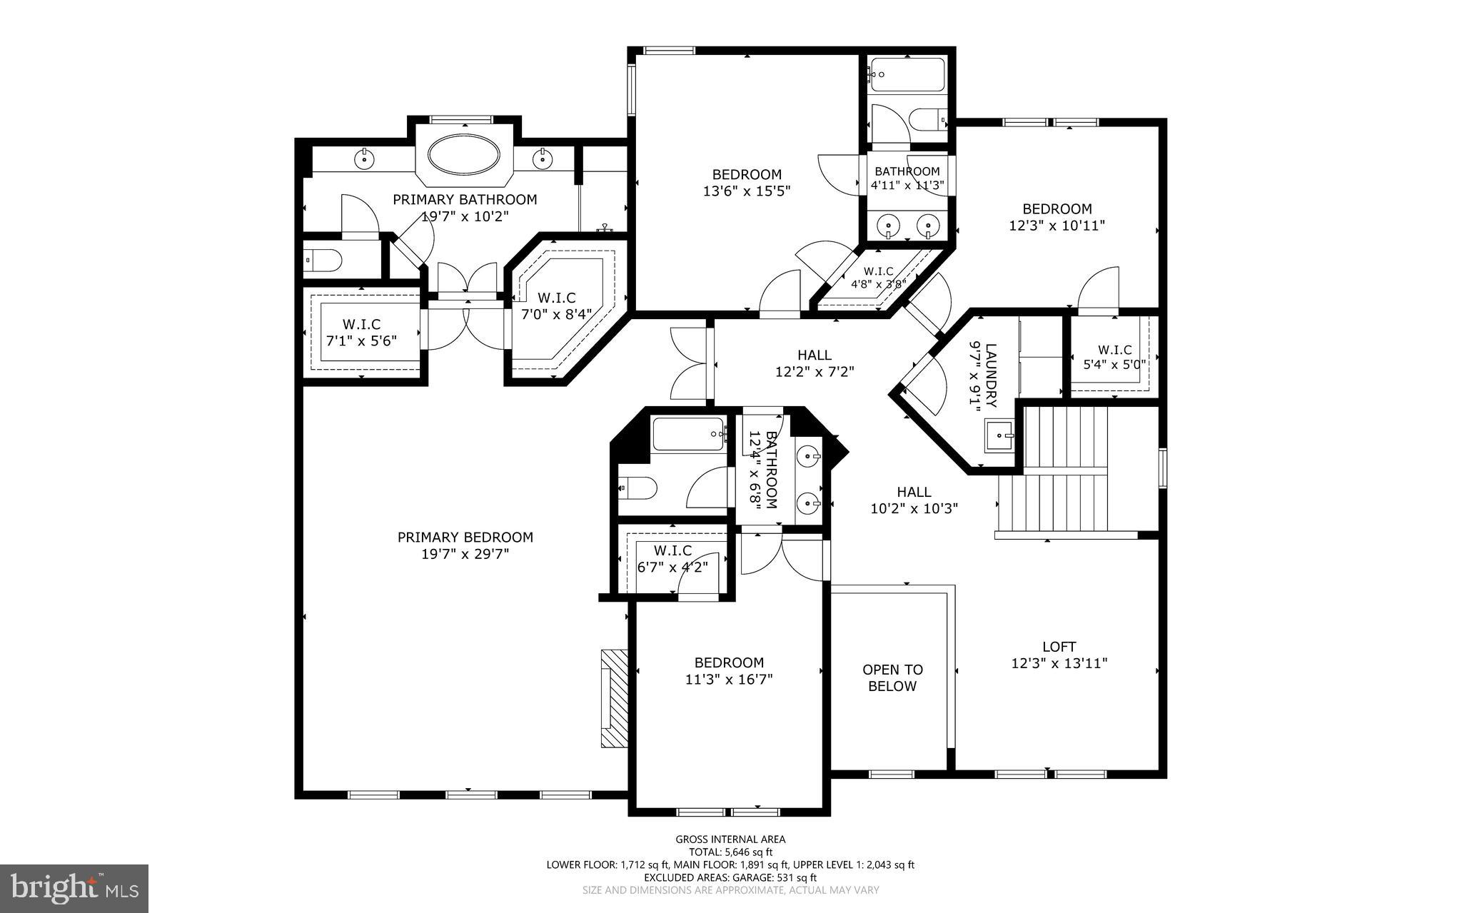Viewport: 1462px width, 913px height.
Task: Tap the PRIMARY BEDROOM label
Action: click(x=465, y=538)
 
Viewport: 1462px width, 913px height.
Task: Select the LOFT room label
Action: click(x=1059, y=647)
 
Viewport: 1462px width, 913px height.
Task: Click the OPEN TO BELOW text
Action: click(x=892, y=678)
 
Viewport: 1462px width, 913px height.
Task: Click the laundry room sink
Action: click(x=999, y=435)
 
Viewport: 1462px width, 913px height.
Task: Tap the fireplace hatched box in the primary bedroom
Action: click(x=613, y=698)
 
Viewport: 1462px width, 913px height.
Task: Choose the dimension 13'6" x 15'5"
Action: click(x=747, y=191)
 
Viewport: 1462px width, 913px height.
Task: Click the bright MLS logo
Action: click(x=74, y=887)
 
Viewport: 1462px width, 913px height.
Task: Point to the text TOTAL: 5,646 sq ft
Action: click(x=730, y=852)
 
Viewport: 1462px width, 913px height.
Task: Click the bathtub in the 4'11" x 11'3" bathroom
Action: click(x=907, y=75)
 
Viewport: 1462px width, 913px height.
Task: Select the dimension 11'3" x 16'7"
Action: click(x=729, y=680)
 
